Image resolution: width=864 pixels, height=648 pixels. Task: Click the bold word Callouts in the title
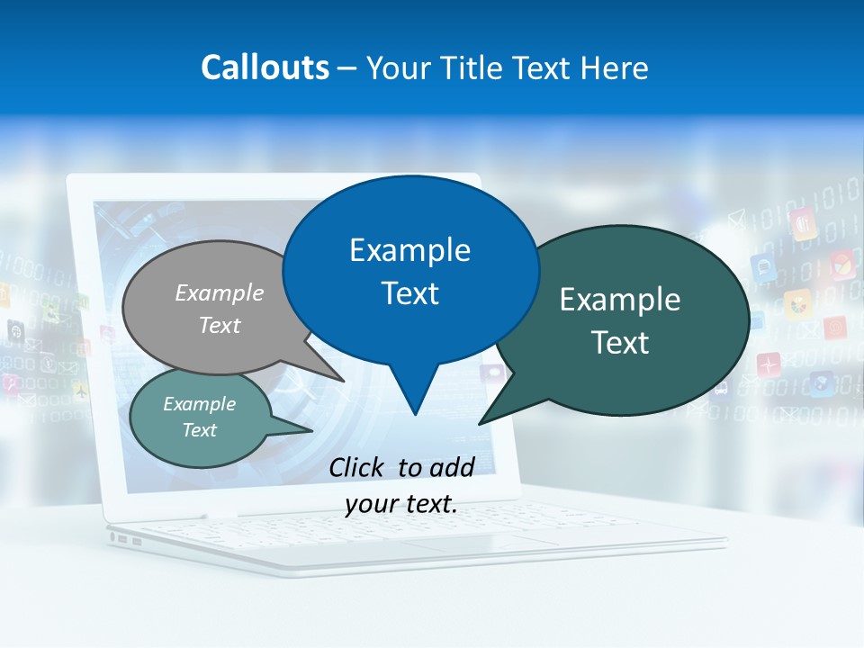pyautogui.click(x=265, y=67)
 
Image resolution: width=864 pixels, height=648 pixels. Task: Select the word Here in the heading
pyautogui.click(x=616, y=67)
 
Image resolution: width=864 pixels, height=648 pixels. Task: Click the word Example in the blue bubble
pyautogui.click(x=409, y=250)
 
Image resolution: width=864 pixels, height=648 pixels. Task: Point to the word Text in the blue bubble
pyautogui.click(x=409, y=293)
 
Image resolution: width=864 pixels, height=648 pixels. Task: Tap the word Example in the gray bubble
pyautogui.click(x=220, y=292)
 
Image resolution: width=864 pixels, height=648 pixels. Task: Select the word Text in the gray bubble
pyautogui.click(x=220, y=325)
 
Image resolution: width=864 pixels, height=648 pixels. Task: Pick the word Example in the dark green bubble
pyautogui.click(x=620, y=300)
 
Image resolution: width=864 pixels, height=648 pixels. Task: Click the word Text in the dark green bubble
pyautogui.click(x=620, y=343)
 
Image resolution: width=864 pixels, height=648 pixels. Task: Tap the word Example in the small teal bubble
pyautogui.click(x=199, y=404)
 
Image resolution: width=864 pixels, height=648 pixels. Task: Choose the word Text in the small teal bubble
pyautogui.click(x=199, y=430)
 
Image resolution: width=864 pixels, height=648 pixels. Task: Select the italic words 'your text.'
pyautogui.click(x=401, y=504)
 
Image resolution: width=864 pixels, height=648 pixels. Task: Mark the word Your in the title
pyautogui.click(x=399, y=67)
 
